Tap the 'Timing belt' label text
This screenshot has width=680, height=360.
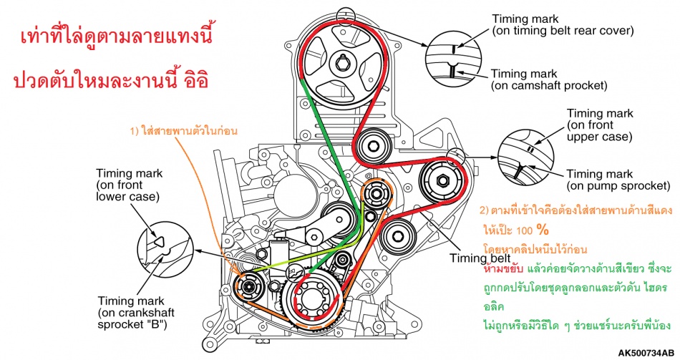coord(480,258)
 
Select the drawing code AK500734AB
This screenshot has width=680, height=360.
coord(646,352)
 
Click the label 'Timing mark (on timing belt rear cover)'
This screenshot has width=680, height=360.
coord(563,25)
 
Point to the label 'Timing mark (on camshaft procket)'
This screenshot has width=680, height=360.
coord(549,79)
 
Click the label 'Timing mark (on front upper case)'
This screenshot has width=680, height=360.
coord(600,125)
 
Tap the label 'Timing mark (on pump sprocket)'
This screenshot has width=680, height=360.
coord(618,180)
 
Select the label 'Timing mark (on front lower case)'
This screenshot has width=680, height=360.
coord(130,185)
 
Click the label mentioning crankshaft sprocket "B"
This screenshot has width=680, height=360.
coord(136,312)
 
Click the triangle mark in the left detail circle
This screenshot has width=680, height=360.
coord(159,240)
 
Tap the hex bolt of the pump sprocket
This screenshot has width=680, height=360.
coord(442,180)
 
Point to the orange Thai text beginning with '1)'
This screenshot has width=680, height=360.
coord(184,130)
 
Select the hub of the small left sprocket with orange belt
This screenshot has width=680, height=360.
coord(248,286)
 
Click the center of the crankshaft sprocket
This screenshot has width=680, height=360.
coord(311,299)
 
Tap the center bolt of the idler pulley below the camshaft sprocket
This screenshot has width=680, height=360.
coord(372,146)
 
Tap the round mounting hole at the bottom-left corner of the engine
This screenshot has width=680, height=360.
coord(210,345)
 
